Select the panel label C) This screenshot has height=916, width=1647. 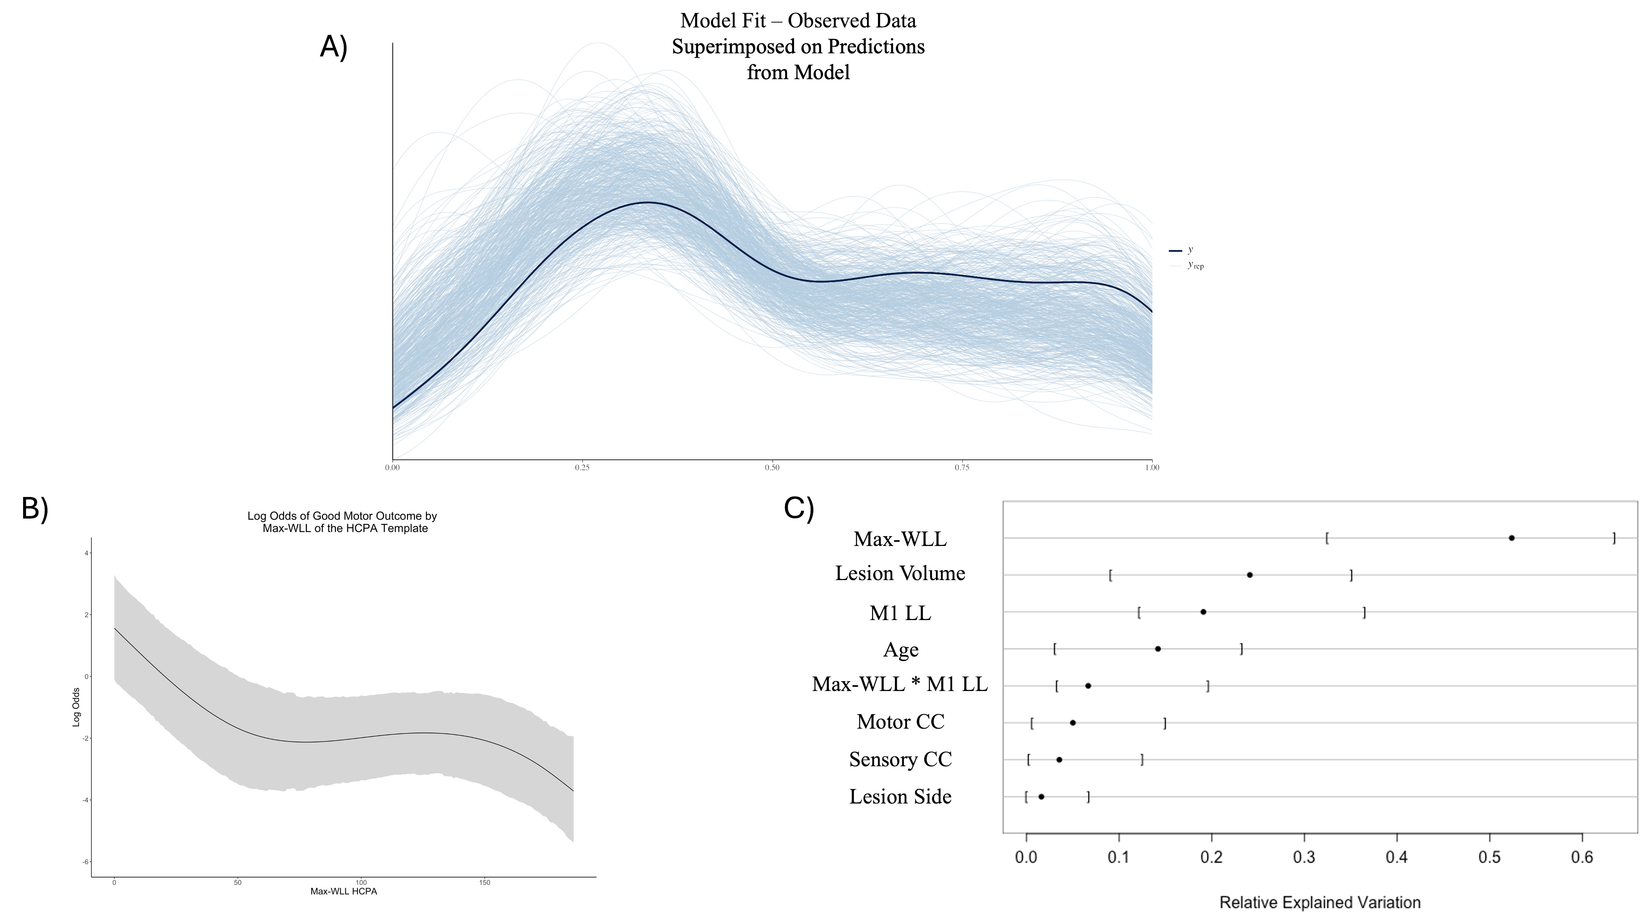point(798,509)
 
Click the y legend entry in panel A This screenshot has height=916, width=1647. point(1190,250)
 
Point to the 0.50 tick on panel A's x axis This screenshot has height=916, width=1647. point(773,467)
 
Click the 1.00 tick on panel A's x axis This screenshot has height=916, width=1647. point(1152,467)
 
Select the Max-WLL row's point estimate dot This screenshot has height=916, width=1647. point(1511,538)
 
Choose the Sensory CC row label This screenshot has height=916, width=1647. point(900,759)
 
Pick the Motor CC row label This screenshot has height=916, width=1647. point(900,722)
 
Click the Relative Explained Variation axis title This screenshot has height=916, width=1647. point(1320,903)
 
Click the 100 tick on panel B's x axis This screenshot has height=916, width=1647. point(361,883)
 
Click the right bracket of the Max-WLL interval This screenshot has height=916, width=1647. point(1614,538)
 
